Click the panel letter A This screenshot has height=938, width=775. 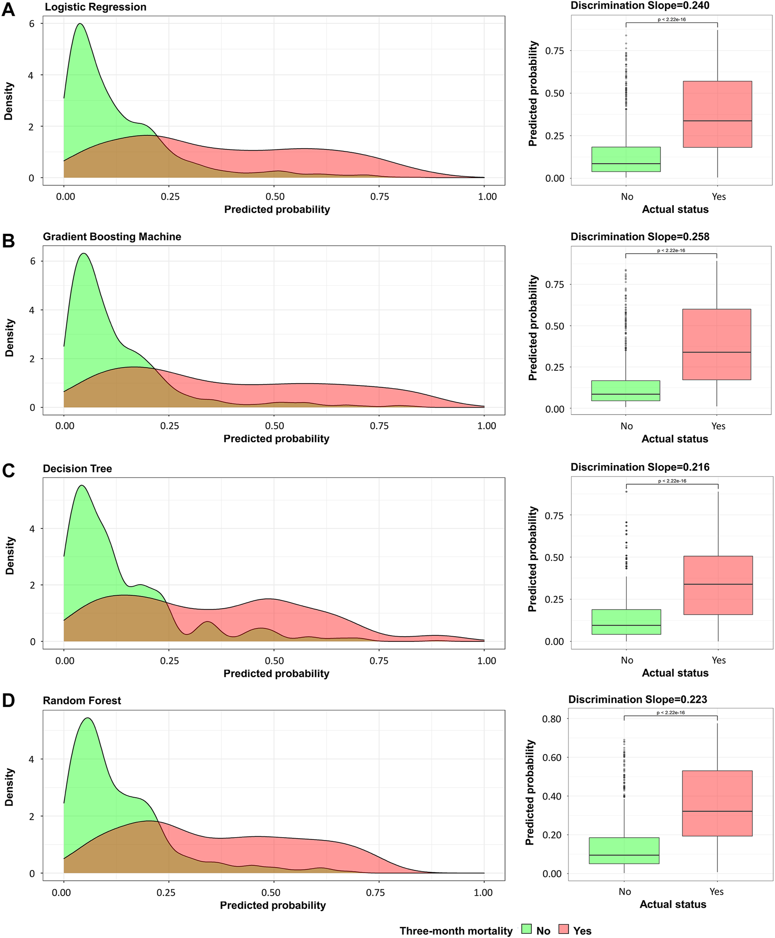point(8,9)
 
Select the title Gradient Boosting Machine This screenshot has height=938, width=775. point(112,236)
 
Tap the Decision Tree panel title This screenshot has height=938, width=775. point(77,468)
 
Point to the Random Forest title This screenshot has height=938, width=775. point(82,700)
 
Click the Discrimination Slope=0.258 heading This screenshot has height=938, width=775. point(640,236)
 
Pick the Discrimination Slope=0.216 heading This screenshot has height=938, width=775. point(640,467)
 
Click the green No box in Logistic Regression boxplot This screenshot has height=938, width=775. point(626,159)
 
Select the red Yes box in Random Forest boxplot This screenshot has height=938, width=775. point(717,803)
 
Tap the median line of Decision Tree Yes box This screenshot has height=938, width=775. point(718,584)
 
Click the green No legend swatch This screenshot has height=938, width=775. point(526,929)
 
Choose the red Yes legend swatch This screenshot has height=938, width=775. point(563,929)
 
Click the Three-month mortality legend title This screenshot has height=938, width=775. point(456,931)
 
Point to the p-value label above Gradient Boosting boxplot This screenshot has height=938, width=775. point(671,251)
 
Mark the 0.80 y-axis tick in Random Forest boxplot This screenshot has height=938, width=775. point(551,719)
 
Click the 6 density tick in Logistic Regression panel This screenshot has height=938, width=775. point(31,23)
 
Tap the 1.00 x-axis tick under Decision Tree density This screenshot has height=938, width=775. point(487,661)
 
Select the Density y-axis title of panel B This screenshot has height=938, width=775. point(9,338)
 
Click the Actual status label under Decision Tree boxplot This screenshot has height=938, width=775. point(675,673)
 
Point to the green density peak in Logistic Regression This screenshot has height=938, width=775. point(80,24)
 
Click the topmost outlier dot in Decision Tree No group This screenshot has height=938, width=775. point(626,492)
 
